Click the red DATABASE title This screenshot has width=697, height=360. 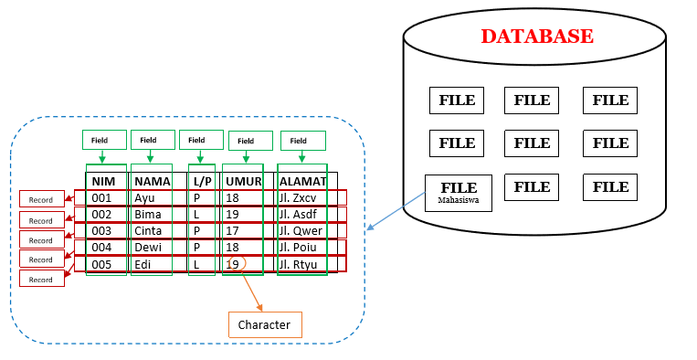pos(537,37)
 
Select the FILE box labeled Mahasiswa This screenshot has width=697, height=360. pos(458,192)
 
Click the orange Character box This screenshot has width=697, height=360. pos(264,324)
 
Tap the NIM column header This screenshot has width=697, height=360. pos(103,181)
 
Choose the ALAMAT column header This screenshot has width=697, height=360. pos(302,181)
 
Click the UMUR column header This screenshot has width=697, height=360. pos(243,181)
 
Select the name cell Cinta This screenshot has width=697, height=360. pos(149,231)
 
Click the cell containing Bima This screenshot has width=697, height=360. pos(149,215)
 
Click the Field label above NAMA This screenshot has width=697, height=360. pos(153,140)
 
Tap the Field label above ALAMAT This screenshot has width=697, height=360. pos(302,141)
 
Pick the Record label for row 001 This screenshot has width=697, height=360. pos(42,199)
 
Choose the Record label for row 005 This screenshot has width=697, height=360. pos(42,279)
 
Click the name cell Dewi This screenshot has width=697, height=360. pos(148,248)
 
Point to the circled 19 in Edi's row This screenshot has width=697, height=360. pos(233,264)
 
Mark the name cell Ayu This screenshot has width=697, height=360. pos(144,197)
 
